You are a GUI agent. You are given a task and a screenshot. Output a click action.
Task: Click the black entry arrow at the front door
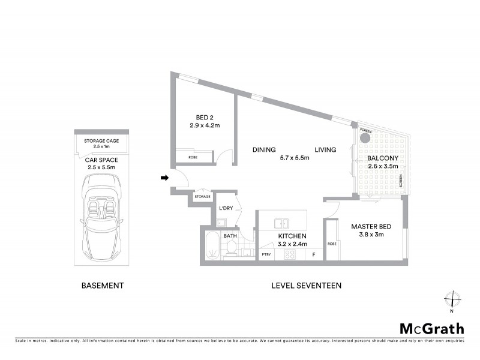(x=164, y=177)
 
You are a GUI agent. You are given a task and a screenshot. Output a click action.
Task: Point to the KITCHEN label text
(x=292, y=236)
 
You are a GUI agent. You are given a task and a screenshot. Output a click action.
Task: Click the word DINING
(x=264, y=149)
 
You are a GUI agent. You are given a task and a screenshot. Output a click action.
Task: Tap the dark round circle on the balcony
(x=365, y=138)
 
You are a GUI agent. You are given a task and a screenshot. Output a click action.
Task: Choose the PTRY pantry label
(x=266, y=255)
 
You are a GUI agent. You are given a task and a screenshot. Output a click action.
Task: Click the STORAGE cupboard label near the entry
(x=203, y=196)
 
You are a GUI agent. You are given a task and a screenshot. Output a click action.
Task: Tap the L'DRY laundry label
(x=226, y=208)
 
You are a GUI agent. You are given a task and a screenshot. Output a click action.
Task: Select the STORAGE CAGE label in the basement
(x=101, y=140)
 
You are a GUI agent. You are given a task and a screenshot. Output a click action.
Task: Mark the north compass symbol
(x=451, y=299)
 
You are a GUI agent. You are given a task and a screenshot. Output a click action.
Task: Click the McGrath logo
(x=432, y=328)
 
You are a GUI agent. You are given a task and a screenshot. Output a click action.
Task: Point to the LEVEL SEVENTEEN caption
(x=306, y=286)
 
